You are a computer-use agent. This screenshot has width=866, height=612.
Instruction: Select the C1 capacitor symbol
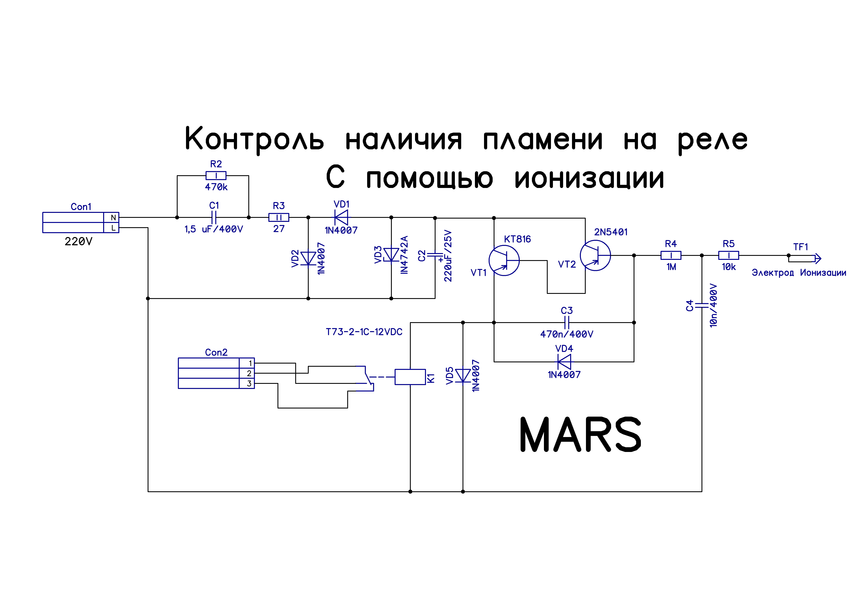(x=214, y=218)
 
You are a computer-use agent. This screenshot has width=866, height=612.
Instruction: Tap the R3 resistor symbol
(x=279, y=218)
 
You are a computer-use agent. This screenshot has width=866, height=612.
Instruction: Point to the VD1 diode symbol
(x=341, y=218)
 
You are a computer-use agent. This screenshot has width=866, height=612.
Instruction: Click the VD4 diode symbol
(x=564, y=362)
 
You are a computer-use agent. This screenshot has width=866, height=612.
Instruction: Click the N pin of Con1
(x=113, y=218)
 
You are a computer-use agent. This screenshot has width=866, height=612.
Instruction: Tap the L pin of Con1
(x=113, y=228)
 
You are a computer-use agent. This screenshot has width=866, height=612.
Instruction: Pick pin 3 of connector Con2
(x=249, y=383)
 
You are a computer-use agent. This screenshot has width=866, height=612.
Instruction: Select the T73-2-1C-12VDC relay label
(x=364, y=332)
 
